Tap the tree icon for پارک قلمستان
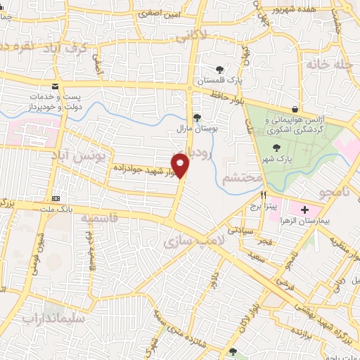pyautogui.click(x=221, y=69)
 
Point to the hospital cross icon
pyautogui.click(x=304, y=210)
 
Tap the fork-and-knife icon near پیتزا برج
pyautogui.click(x=264, y=195)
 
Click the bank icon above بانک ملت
pyautogui.click(x=56, y=199)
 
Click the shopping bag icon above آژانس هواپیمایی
pyautogui.click(x=294, y=110)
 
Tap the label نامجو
pyautogui.click(x=328, y=193)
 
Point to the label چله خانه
pyautogui.click(x=328, y=64)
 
